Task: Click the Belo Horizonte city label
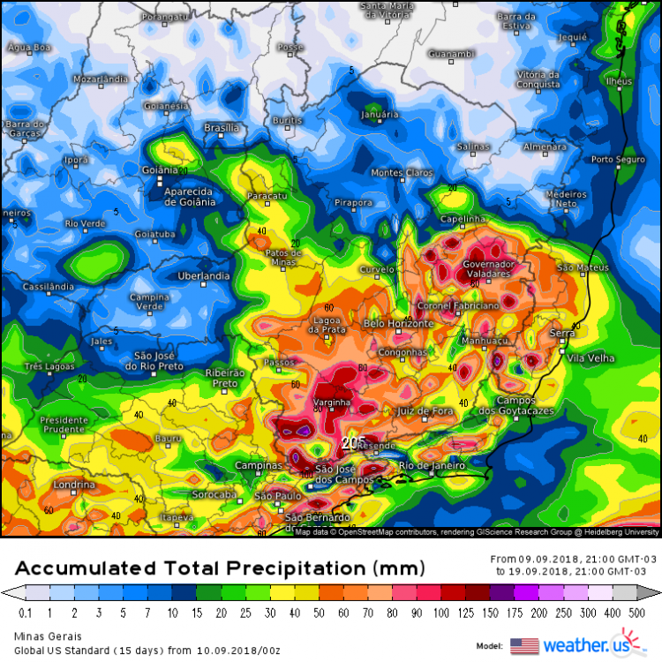(398, 324)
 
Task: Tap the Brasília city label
(222, 128)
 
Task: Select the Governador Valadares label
(488, 268)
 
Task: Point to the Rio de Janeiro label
(432, 465)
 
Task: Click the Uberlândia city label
(203, 275)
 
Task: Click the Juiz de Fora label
(425, 411)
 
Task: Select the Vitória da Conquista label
(538, 79)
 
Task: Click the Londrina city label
(73, 485)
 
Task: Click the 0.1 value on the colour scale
(24, 613)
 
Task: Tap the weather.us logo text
(583, 644)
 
